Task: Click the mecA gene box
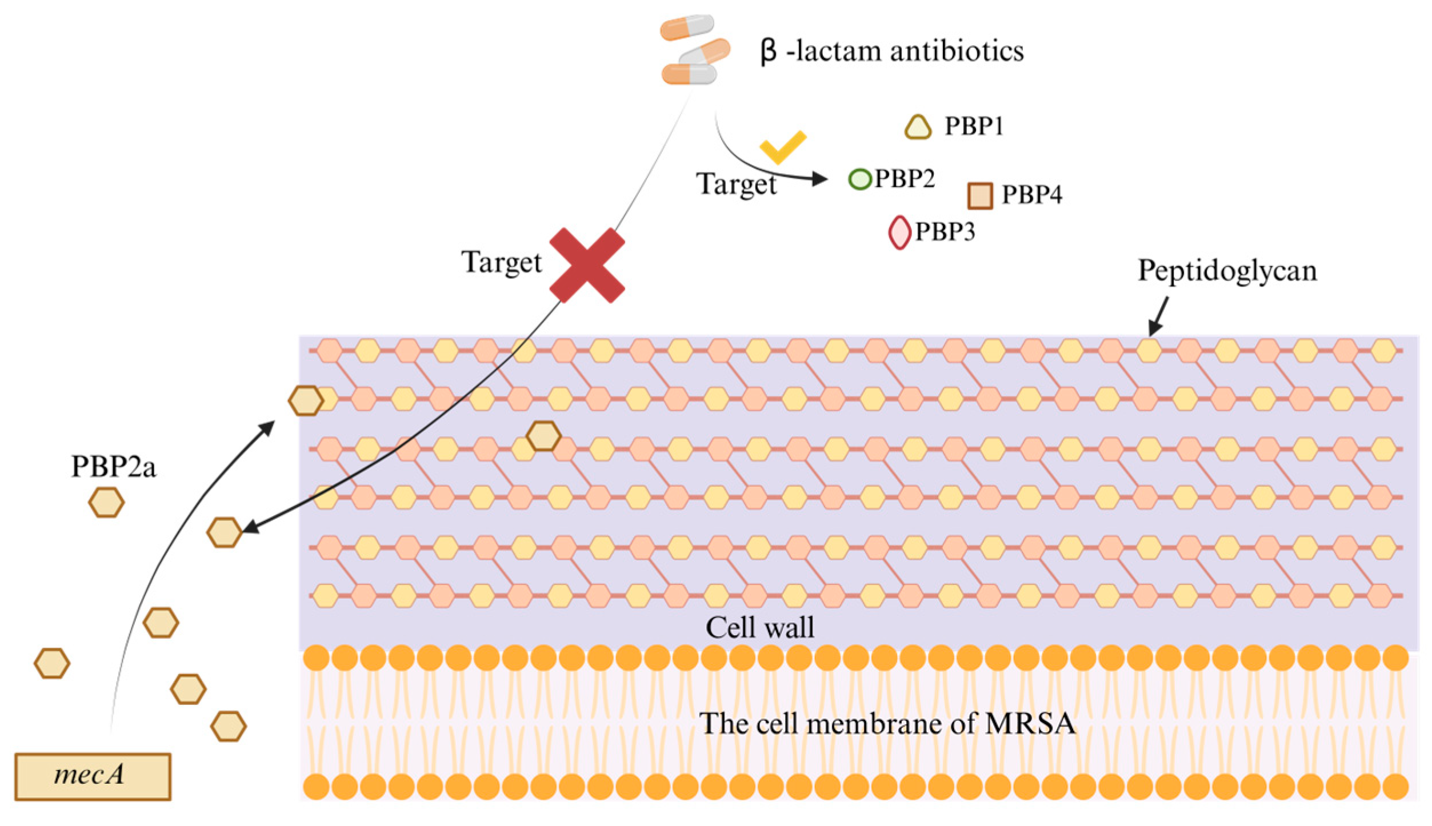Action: [x=93, y=776]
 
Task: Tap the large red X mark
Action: [x=587, y=265]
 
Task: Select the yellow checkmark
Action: [x=782, y=147]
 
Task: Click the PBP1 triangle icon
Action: [x=918, y=127]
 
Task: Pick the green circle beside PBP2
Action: [x=859, y=179]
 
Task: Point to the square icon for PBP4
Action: [x=979, y=195]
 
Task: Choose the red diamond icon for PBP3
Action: [x=899, y=232]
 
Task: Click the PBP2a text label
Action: [x=113, y=467]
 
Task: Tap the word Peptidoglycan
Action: [x=1227, y=270]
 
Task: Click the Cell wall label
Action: [x=759, y=627]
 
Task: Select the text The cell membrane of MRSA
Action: [x=887, y=723]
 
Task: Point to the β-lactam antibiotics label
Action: [x=891, y=51]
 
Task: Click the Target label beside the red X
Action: [x=501, y=263]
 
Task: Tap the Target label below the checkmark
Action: [x=736, y=185]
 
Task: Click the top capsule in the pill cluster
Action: [x=687, y=27]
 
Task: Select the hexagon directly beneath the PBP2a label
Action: [x=106, y=502]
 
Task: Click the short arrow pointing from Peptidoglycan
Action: [x=1158, y=316]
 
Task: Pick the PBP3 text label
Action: [x=945, y=231]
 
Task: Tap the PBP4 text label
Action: [x=1031, y=195]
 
